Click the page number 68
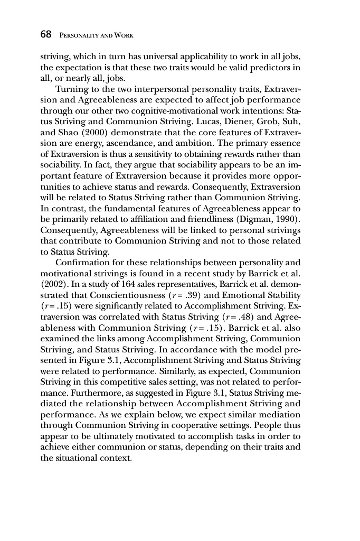pyautogui.click(x=46, y=35)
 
